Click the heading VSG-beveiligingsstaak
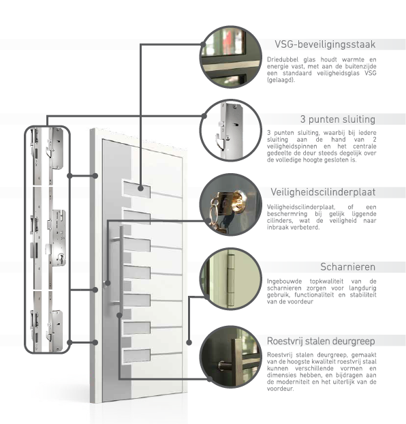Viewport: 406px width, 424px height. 325,44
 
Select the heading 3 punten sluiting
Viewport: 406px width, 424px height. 338,119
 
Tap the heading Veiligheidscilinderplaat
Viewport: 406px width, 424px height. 323,192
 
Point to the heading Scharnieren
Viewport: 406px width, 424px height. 348,267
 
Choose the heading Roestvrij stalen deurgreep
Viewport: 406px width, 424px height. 321,341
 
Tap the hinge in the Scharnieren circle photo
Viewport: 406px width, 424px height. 230,279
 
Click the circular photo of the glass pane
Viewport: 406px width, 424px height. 230,57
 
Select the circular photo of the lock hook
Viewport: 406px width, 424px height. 230,130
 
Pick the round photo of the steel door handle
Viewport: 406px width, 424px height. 230,357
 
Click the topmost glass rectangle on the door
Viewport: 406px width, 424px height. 137,189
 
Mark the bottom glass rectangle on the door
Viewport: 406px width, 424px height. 137,355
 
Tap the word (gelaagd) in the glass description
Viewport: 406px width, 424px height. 281,80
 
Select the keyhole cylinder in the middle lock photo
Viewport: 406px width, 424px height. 61,258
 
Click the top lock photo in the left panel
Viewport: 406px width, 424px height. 48,156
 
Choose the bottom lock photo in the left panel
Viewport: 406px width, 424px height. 48,321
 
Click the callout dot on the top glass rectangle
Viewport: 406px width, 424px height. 140,188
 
